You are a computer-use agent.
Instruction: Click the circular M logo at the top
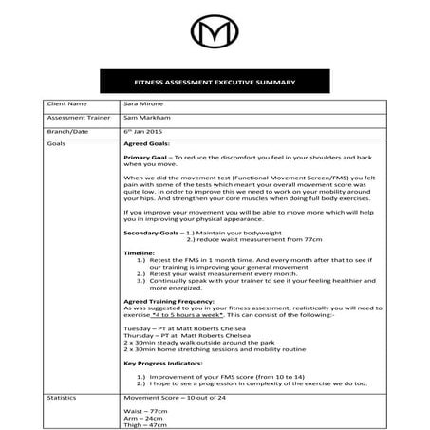tap(215, 35)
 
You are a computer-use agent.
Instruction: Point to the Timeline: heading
tap(140, 253)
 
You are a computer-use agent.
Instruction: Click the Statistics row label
tap(61, 400)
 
